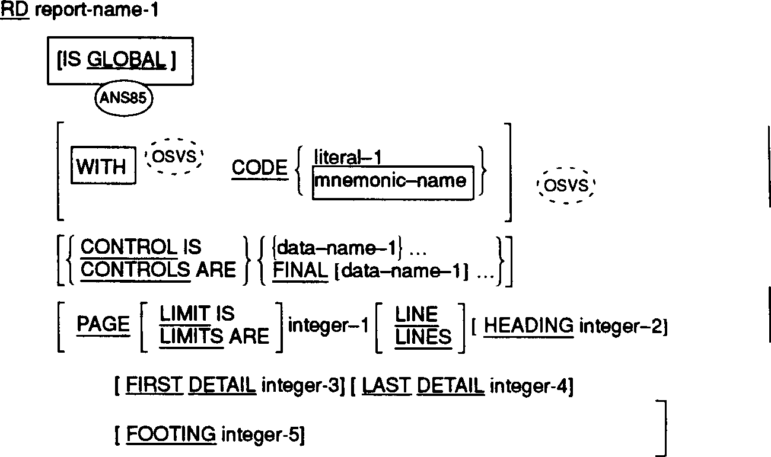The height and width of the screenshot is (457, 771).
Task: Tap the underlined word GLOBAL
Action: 126,60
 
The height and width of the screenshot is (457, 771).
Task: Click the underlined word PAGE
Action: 103,324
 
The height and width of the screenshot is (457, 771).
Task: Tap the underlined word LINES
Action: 423,337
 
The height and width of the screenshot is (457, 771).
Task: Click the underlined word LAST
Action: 386,386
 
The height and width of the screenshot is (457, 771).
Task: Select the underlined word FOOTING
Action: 171,434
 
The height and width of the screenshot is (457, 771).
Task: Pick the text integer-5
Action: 262,435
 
